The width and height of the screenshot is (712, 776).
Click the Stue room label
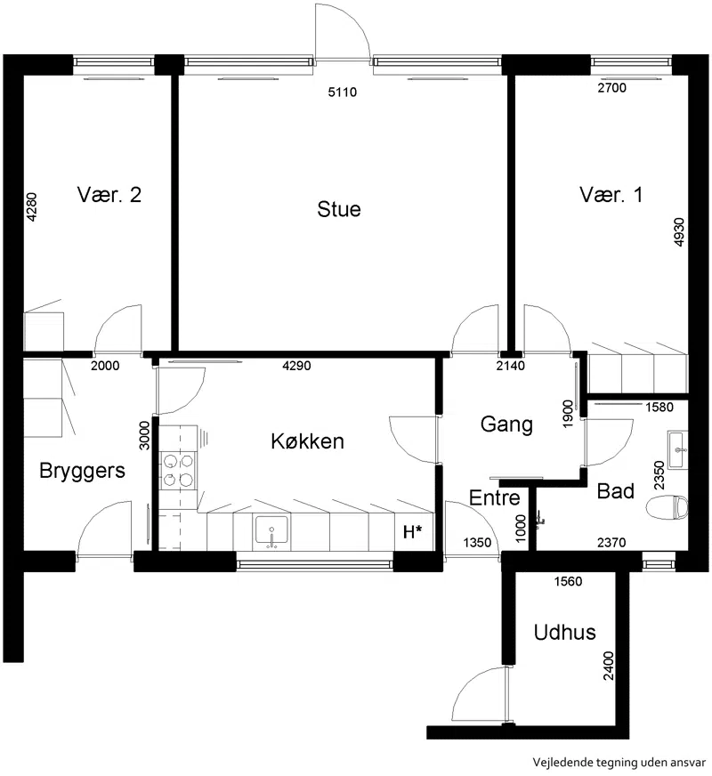339,209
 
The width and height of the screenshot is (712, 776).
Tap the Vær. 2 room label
109,195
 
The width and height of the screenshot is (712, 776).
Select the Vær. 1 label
611,195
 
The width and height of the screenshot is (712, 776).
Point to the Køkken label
307,441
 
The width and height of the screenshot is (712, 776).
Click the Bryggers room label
82,471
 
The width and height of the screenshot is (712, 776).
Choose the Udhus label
564,633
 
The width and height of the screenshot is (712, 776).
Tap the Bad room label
616,491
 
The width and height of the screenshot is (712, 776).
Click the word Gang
506,425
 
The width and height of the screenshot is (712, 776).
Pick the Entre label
494,497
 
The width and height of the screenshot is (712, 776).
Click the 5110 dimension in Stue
343,92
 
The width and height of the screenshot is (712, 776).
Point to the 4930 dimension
679,232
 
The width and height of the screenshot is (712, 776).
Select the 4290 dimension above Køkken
296,366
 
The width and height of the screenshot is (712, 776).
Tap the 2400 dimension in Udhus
608,667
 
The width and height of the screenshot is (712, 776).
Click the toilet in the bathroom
667,508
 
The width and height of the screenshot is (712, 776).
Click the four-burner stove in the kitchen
178,470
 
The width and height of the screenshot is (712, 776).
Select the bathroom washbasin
677,450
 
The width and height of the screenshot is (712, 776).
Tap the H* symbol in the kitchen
413,532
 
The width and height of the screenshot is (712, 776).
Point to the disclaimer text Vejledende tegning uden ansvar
619,762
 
